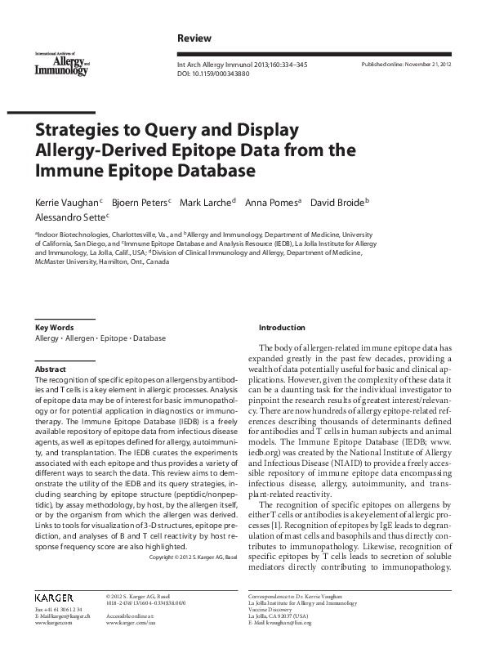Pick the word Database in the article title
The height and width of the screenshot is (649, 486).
click(x=212, y=171)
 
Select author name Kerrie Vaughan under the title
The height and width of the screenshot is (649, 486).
click(x=67, y=201)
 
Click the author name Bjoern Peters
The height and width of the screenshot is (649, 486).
click(x=142, y=201)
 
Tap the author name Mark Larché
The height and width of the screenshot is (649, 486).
click(x=208, y=201)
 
